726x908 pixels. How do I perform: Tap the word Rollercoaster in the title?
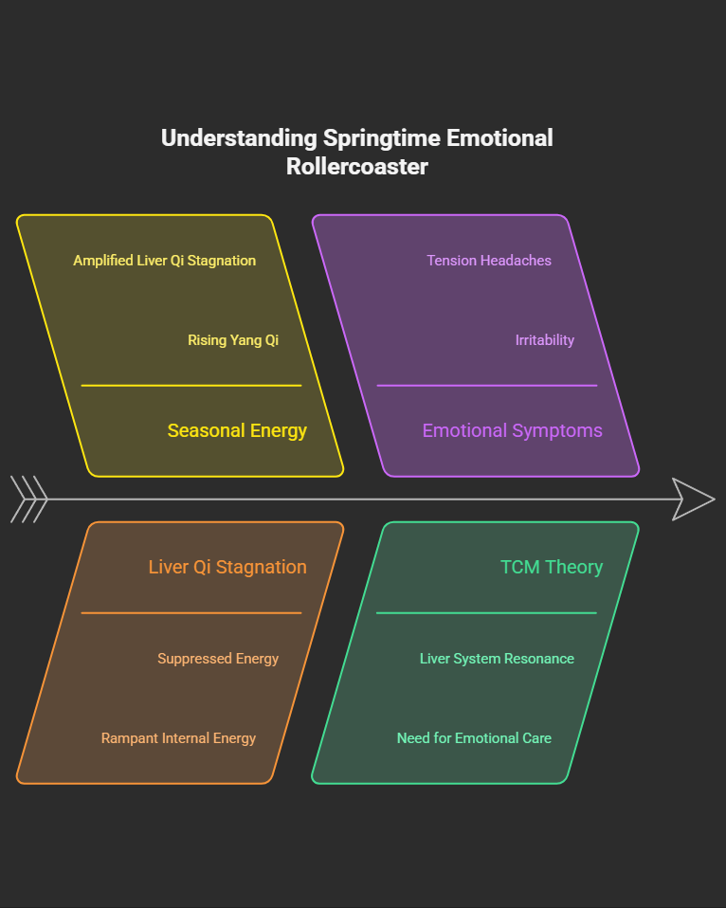pyautogui.click(x=357, y=168)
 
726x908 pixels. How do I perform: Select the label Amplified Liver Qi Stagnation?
pyautogui.click(x=164, y=261)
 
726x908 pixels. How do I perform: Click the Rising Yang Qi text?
pyautogui.click(x=233, y=340)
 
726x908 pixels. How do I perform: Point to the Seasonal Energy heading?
pyautogui.click(x=237, y=431)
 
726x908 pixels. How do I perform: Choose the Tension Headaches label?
pyautogui.click(x=488, y=261)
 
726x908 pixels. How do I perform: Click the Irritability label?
pyautogui.click(x=544, y=340)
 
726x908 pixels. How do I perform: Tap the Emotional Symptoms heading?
pyautogui.click(x=512, y=431)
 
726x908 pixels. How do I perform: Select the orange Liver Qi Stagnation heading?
pyautogui.click(x=227, y=568)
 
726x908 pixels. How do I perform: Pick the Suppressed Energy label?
pyautogui.click(x=218, y=659)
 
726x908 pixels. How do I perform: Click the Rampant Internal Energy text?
pyautogui.click(x=178, y=738)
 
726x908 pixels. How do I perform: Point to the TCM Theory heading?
pyautogui.click(x=552, y=568)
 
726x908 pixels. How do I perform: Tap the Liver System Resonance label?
pyautogui.click(x=497, y=659)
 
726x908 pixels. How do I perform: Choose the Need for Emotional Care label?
pyautogui.click(x=474, y=738)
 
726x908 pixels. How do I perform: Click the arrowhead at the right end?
pyautogui.click(x=692, y=499)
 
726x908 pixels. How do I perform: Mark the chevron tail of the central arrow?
pyautogui.click(x=28, y=499)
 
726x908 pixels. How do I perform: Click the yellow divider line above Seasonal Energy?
pyautogui.click(x=191, y=386)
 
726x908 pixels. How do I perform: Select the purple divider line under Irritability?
pyautogui.click(x=487, y=386)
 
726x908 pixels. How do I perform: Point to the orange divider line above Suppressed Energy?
pyautogui.click(x=191, y=613)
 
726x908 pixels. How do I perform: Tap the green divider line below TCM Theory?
pyautogui.click(x=487, y=613)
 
